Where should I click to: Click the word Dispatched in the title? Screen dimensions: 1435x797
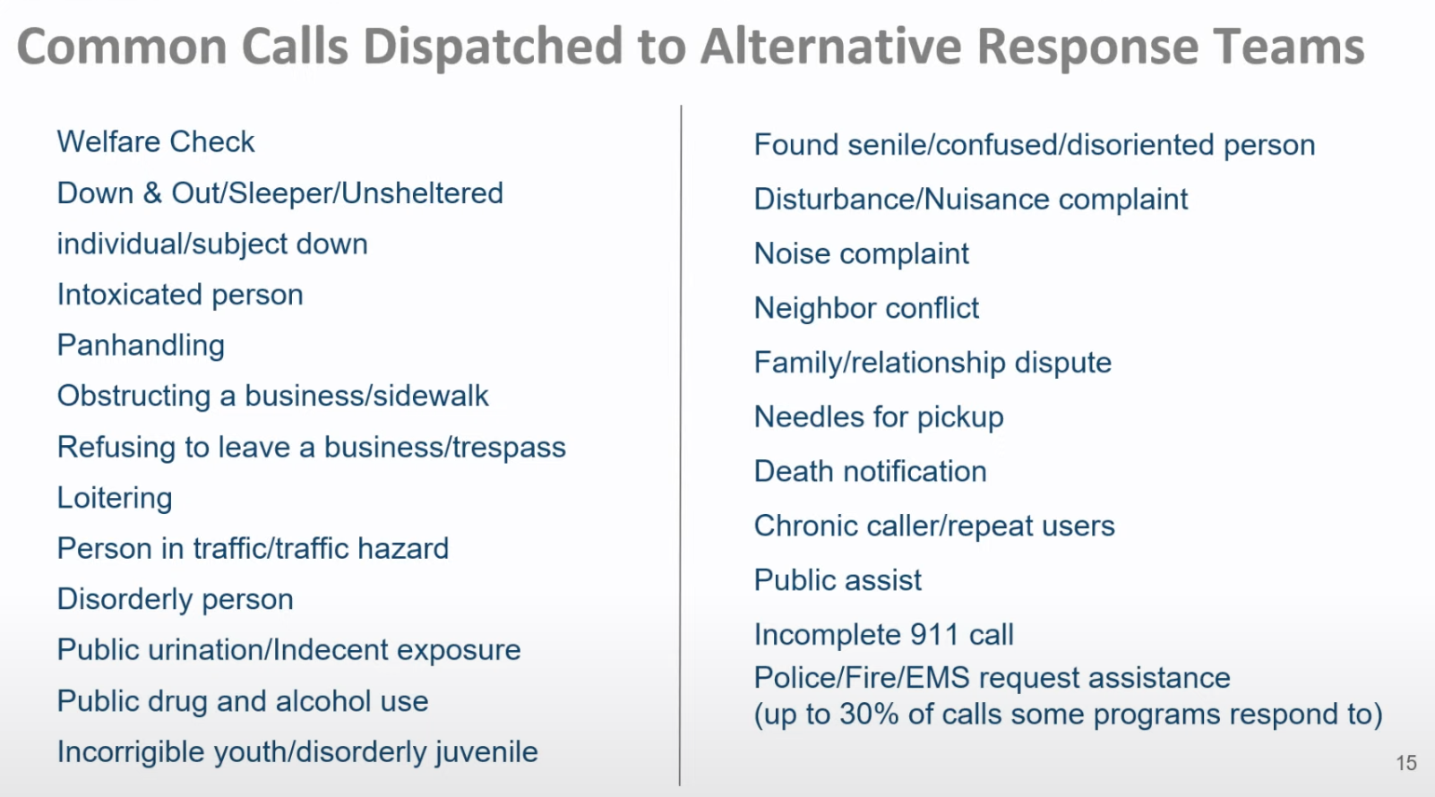click(x=493, y=47)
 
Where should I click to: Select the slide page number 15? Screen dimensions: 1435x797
click(x=1406, y=763)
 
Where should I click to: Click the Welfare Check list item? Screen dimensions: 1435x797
click(x=156, y=141)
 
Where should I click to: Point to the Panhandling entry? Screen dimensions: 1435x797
click(x=141, y=346)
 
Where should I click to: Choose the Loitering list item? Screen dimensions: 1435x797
click(x=115, y=499)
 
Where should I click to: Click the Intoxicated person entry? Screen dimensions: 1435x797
click(x=180, y=296)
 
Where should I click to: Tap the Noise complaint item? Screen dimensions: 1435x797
click(x=862, y=254)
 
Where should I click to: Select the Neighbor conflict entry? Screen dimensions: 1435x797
click(x=867, y=309)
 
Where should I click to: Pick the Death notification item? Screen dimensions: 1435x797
click(x=871, y=472)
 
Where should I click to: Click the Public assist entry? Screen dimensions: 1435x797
click(x=838, y=580)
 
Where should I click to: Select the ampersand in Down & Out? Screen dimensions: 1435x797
click(x=152, y=193)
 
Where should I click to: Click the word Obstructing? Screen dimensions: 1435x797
click(x=133, y=397)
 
